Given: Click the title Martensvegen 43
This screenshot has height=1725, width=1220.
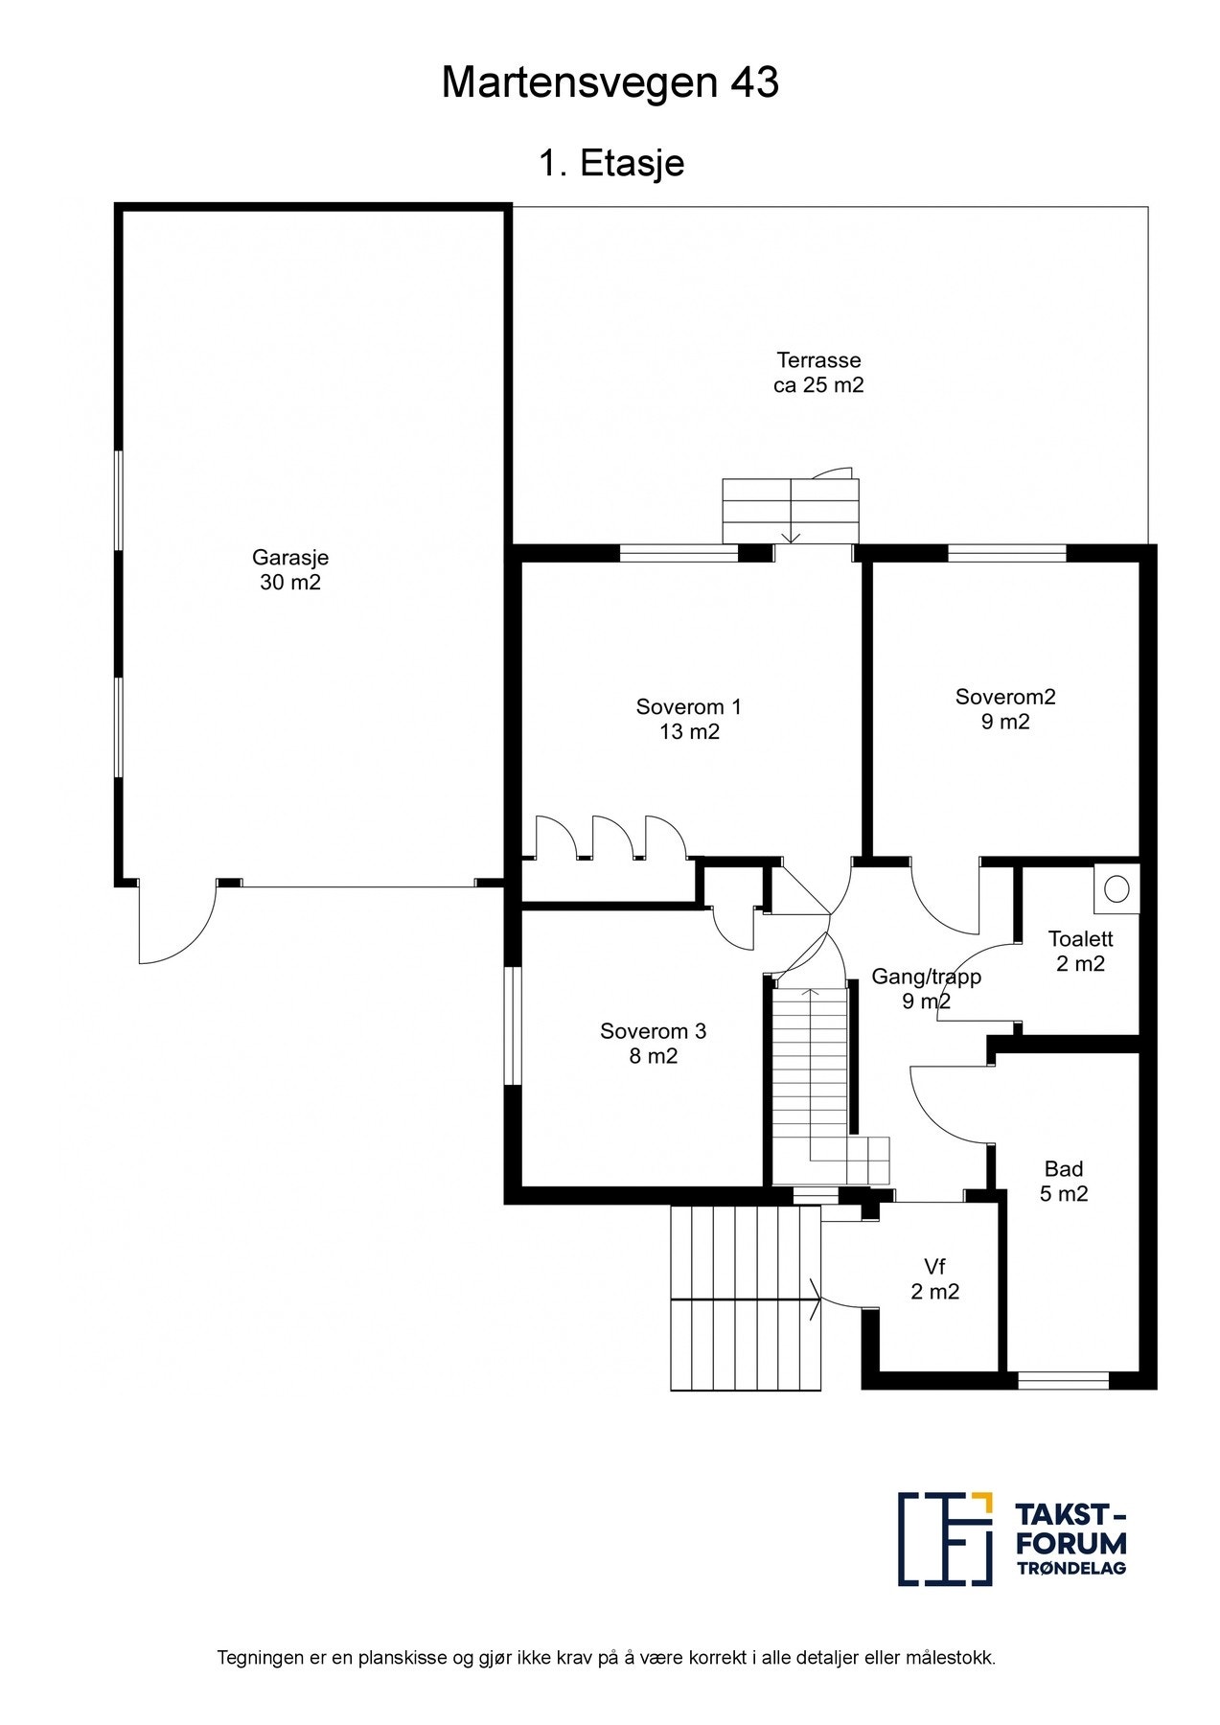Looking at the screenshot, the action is [x=610, y=84].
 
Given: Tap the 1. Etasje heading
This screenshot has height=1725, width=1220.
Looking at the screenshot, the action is [x=611, y=163].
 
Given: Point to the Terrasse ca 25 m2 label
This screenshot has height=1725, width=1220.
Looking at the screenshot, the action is [x=818, y=373].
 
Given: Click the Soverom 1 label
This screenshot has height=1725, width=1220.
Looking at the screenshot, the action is [x=688, y=720].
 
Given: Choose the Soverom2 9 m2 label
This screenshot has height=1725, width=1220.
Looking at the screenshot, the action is [x=1005, y=709].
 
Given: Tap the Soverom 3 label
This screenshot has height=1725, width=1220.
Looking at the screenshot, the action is [x=653, y=1044].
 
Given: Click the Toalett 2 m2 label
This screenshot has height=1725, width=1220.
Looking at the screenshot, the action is [x=1080, y=952].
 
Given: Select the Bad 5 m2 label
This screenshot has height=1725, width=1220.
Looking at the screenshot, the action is [x=1064, y=1182].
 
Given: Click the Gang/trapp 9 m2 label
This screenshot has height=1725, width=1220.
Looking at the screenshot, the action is [x=926, y=989].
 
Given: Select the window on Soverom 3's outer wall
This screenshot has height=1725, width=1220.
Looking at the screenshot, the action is [x=514, y=1027].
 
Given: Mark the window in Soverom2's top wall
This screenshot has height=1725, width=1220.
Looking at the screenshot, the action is [x=1007, y=553].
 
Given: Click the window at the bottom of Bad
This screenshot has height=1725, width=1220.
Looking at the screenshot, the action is [x=1063, y=1381].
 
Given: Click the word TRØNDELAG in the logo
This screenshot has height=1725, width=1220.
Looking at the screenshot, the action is [x=1070, y=1567].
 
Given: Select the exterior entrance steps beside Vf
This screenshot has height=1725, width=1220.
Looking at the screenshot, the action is [x=746, y=1298].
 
